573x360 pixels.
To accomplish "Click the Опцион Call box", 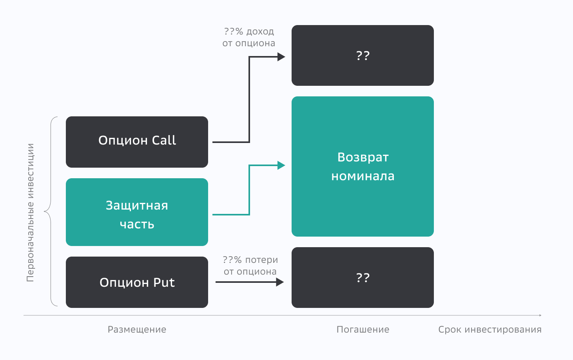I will pos(137,142).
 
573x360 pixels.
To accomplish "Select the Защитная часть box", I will pos(137,212).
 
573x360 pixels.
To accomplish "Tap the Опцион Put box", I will pos(137,282).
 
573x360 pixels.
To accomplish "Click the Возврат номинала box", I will pos(363,166).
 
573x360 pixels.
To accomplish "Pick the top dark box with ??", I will pos(363,55).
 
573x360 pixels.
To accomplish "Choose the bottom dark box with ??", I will pos(363,277).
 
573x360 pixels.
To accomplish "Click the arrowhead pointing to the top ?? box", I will pos(281,57).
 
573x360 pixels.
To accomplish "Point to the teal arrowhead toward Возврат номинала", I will pos(281,165).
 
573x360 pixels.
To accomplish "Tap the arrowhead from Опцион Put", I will pos(279,282).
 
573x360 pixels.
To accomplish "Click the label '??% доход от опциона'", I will pos(249,37).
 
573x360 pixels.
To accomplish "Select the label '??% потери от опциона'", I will pos(250,266).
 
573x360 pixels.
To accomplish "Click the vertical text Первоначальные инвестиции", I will pos(30,213).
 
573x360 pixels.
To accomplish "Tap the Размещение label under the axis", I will pos(137,329).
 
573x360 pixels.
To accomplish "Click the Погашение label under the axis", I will pos(363,329).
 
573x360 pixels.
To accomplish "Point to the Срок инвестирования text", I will pos(490,329).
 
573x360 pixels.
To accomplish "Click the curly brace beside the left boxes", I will pos(49,212).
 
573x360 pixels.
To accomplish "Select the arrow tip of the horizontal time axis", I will pos(540,315).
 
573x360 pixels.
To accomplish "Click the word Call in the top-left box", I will pos(164,140).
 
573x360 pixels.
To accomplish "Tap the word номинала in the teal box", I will pos(363,176).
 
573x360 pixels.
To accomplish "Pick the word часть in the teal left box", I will pos(137,224).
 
